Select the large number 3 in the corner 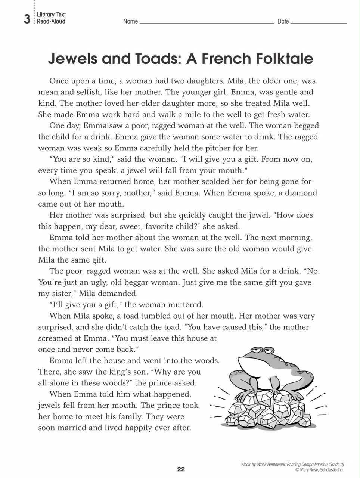[27, 19]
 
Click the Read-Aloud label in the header [51, 22]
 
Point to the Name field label [130, 22]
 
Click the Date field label [283, 22]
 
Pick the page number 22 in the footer [181, 469]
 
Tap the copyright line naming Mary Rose [319, 470]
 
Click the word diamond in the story [299, 193]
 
